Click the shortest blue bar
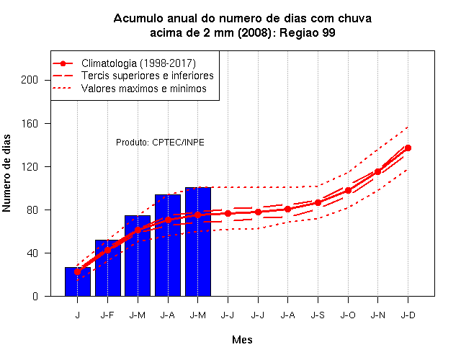tap(78, 282)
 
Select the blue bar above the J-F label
tap(108, 268)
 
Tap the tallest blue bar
tap(198, 242)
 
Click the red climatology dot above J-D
tap(408, 148)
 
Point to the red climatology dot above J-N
tap(377, 171)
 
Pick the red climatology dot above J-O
tap(348, 190)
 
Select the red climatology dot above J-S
tap(318, 203)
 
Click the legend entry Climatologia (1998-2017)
tap(124, 63)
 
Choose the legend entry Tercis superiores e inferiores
tap(133, 76)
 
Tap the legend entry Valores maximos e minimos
tap(130, 89)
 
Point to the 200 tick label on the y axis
tap(30, 80)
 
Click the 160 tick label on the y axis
tap(30, 123)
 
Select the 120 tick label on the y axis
tap(30, 166)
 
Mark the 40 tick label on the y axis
tap(32, 253)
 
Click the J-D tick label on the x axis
tap(408, 315)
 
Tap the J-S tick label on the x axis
tap(318, 315)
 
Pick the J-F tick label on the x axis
tap(107, 315)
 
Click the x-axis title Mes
tap(242, 340)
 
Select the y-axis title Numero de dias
tap(6, 174)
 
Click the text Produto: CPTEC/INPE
tap(160, 143)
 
